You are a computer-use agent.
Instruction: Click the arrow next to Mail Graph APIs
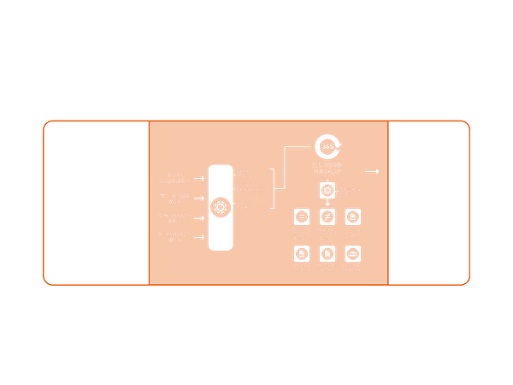(199, 198)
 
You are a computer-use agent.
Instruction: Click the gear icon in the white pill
(220, 206)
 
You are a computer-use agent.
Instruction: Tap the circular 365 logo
(327, 145)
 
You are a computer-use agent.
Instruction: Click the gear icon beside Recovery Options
(326, 189)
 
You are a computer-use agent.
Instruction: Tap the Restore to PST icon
(301, 254)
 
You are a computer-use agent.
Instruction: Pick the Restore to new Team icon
(351, 254)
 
